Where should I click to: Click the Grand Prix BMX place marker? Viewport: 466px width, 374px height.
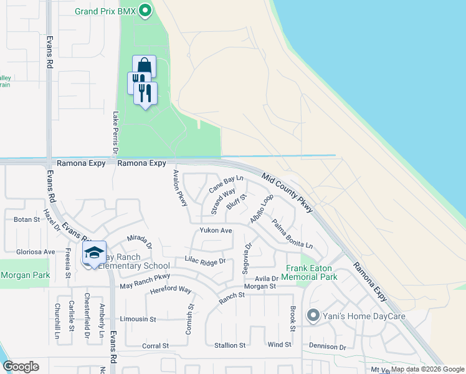click(x=145, y=11)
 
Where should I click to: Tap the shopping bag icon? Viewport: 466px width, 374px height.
click(x=144, y=65)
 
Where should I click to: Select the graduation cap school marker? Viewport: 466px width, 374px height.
click(x=94, y=252)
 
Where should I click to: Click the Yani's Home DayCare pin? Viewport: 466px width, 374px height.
click(x=313, y=315)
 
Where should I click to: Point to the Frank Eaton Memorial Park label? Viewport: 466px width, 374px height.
click(x=311, y=272)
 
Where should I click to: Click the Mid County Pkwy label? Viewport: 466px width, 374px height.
click(x=287, y=193)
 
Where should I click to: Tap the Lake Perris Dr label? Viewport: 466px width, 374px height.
click(x=115, y=133)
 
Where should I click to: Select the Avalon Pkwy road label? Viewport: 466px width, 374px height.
click(x=180, y=189)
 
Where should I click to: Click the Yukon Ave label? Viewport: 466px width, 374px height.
click(x=216, y=231)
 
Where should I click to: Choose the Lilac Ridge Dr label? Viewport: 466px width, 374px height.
click(x=204, y=261)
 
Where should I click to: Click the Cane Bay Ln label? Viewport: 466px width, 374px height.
click(x=226, y=183)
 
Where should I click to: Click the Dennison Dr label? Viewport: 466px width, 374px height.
click(x=327, y=346)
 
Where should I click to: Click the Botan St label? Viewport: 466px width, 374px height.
click(x=27, y=219)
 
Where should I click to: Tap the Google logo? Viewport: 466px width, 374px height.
click(x=21, y=367)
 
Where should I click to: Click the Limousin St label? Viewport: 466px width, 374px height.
click(x=137, y=319)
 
